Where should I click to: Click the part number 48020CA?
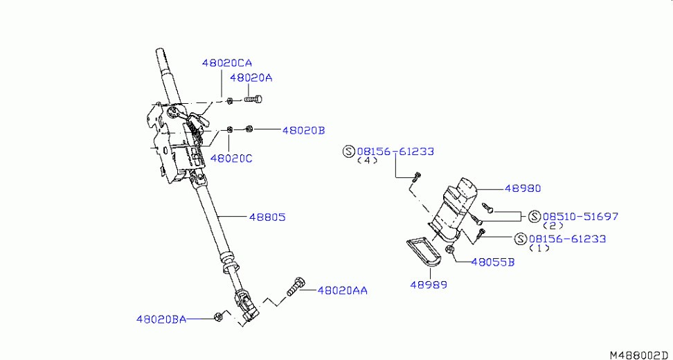pyautogui.click(x=227, y=63)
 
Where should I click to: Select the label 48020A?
pyautogui.click(x=251, y=78)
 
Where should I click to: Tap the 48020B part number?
pyautogui.click(x=303, y=130)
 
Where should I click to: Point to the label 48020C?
pyautogui.click(x=231, y=159)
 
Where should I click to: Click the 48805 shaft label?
pyautogui.click(x=267, y=217)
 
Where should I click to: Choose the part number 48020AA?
pyautogui.click(x=343, y=291)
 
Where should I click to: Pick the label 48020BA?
pyautogui.click(x=161, y=319)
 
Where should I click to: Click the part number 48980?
pyautogui.click(x=523, y=188)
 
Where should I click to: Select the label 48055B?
pyautogui.click(x=493, y=262)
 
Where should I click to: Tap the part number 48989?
pyautogui.click(x=429, y=285)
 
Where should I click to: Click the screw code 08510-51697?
pyautogui.click(x=581, y=216)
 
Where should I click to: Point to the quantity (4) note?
pyautogui.click(x=368, y=161)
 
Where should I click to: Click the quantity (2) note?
pyautogui.click(x=553, y=226)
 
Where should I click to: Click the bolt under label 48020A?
pyautogui.click(x=253, y=100)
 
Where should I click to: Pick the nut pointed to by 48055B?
pyautogui.click(x=451, y=250)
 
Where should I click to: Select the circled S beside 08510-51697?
pyautogui.click(x=535, y=216)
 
